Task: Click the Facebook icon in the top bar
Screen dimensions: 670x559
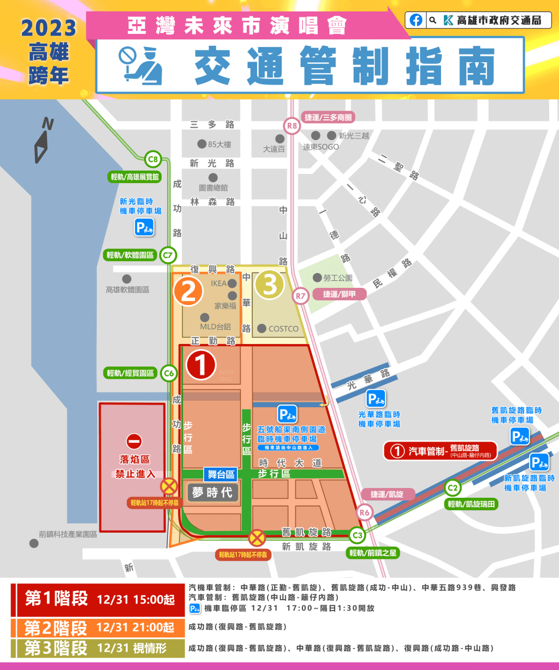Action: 416,20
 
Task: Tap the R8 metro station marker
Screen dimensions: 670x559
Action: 293,126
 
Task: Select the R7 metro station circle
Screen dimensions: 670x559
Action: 301,296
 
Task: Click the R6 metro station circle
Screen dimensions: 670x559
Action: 365,512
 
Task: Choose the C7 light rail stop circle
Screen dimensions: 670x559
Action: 168,255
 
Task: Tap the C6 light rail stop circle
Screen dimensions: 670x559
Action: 169,373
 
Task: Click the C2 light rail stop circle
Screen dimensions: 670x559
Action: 453,487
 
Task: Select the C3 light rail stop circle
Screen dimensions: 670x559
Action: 357,535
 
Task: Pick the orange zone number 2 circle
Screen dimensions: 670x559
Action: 188,291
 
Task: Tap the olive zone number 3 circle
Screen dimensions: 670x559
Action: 270,285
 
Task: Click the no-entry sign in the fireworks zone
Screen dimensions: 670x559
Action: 134,441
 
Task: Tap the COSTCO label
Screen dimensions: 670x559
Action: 283,329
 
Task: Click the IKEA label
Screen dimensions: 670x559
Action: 218,283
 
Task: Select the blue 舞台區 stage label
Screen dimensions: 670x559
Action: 221,475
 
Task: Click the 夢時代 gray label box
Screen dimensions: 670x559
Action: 213,492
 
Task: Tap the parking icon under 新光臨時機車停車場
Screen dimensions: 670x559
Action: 145,227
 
